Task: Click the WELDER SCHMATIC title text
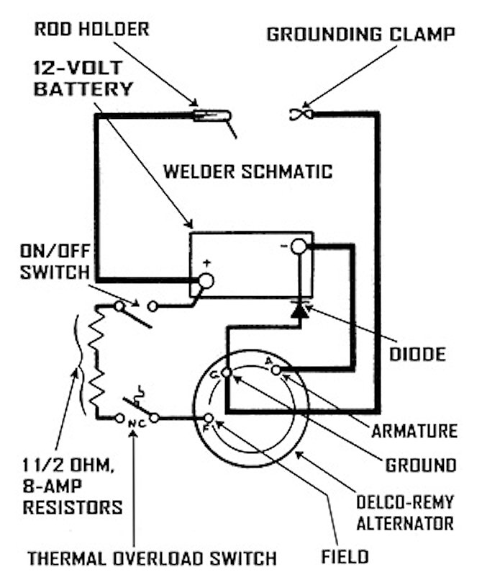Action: tap(247, 171)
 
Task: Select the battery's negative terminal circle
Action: tap(299, 248)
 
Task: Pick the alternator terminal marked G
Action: tap(226, 373)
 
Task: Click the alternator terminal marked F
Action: tap(209, 418)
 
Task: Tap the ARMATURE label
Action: tap(414, 431)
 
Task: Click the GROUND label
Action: tap(420, 464)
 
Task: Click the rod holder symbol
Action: tap(213, 115)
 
